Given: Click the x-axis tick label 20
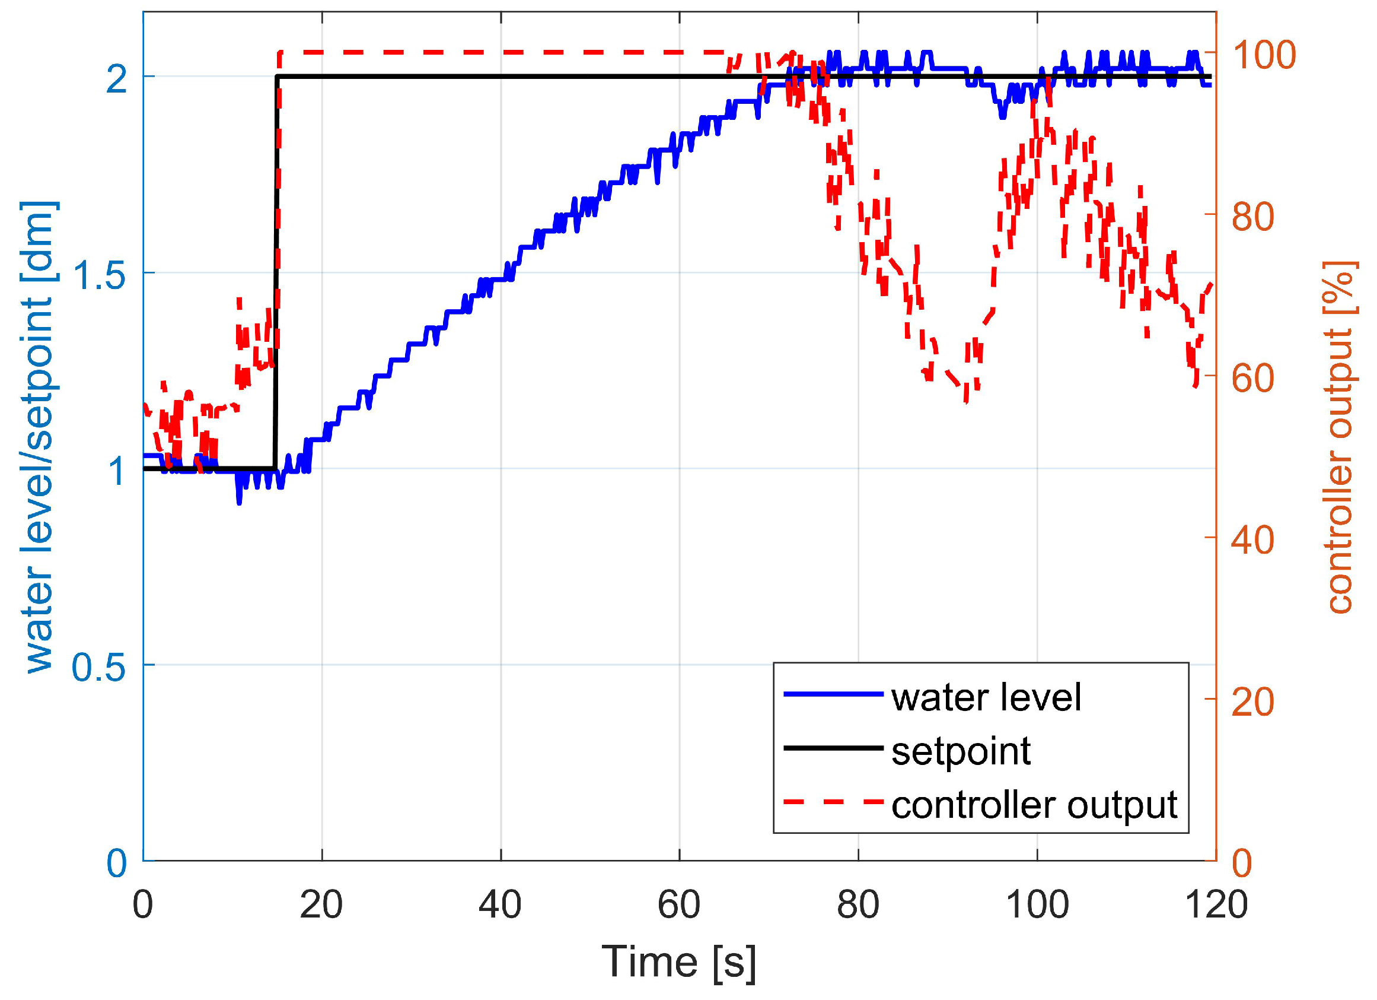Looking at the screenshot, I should pos(321,905).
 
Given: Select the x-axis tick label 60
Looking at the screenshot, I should pos(679,905).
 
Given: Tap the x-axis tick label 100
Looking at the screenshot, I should pos(1037,905).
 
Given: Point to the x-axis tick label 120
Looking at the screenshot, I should pos(1216,905).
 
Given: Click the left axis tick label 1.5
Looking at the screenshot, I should pos(98,274).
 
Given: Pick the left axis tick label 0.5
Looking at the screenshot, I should pos(98,666).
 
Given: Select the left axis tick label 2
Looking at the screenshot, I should pos(117,78).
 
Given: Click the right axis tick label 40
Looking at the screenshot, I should pos(1253,539).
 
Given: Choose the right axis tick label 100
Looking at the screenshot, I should pos(1263,55).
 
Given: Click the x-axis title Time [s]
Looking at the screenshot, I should pos(679,963).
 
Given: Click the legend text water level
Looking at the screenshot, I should pos(986,697).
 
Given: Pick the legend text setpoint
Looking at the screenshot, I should pos(961,751).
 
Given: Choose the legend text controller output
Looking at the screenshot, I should pos(1035,805).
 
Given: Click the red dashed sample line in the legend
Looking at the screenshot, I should pos(833,802).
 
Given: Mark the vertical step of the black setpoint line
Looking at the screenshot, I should pos(277,274).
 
